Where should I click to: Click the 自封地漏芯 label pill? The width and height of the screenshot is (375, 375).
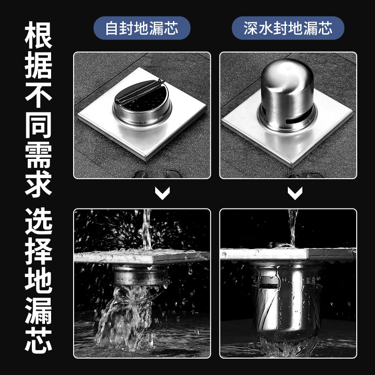coord(142,28)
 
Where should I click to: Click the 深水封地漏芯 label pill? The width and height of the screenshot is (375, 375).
coord(288,28)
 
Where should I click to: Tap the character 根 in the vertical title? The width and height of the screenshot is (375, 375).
coord(38,34)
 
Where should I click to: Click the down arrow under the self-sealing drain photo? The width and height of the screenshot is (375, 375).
coord(162,193)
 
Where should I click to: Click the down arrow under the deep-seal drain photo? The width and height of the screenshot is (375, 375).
coord(294,193)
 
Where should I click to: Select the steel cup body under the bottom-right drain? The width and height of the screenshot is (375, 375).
coord(286,300)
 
